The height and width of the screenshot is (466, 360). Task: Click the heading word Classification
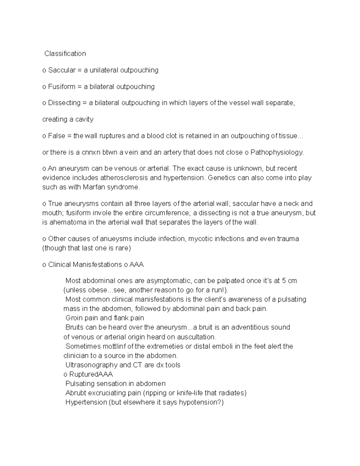tap(65, 54)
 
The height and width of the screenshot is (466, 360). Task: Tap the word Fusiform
tap(62, 87)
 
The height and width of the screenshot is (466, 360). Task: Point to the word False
tap(56, 136)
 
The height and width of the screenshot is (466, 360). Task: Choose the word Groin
tap(74, 318)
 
